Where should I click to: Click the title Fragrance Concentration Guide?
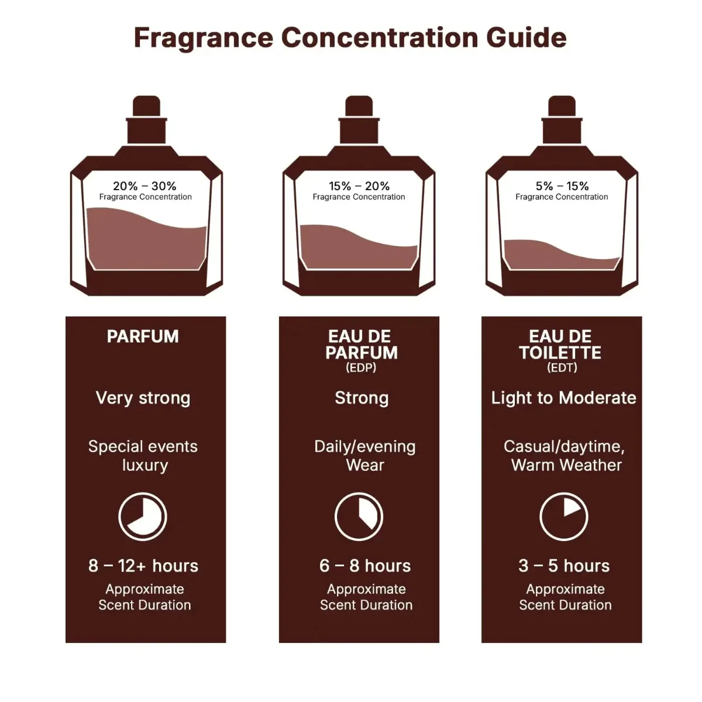(350, 38)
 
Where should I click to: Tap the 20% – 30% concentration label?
(144, 186)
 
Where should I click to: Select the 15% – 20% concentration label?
(359, 186)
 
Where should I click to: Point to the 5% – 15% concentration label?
(562, 186)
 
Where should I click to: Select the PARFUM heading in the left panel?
(143, 336)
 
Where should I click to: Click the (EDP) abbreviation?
(361, 367)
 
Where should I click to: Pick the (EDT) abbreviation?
(562, 367)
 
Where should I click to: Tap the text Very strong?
(143, 398)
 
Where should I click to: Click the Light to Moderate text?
(563, 398)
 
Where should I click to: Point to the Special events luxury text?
(143, 456)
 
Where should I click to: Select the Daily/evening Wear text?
(364, 456)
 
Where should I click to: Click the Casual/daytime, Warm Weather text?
(565, 456)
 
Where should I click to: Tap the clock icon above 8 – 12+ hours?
(143, 517)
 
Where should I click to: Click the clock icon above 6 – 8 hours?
(359, 517)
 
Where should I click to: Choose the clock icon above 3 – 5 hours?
(563, 517)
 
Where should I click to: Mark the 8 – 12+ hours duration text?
(143, 566)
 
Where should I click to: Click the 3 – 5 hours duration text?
(564, 566)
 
